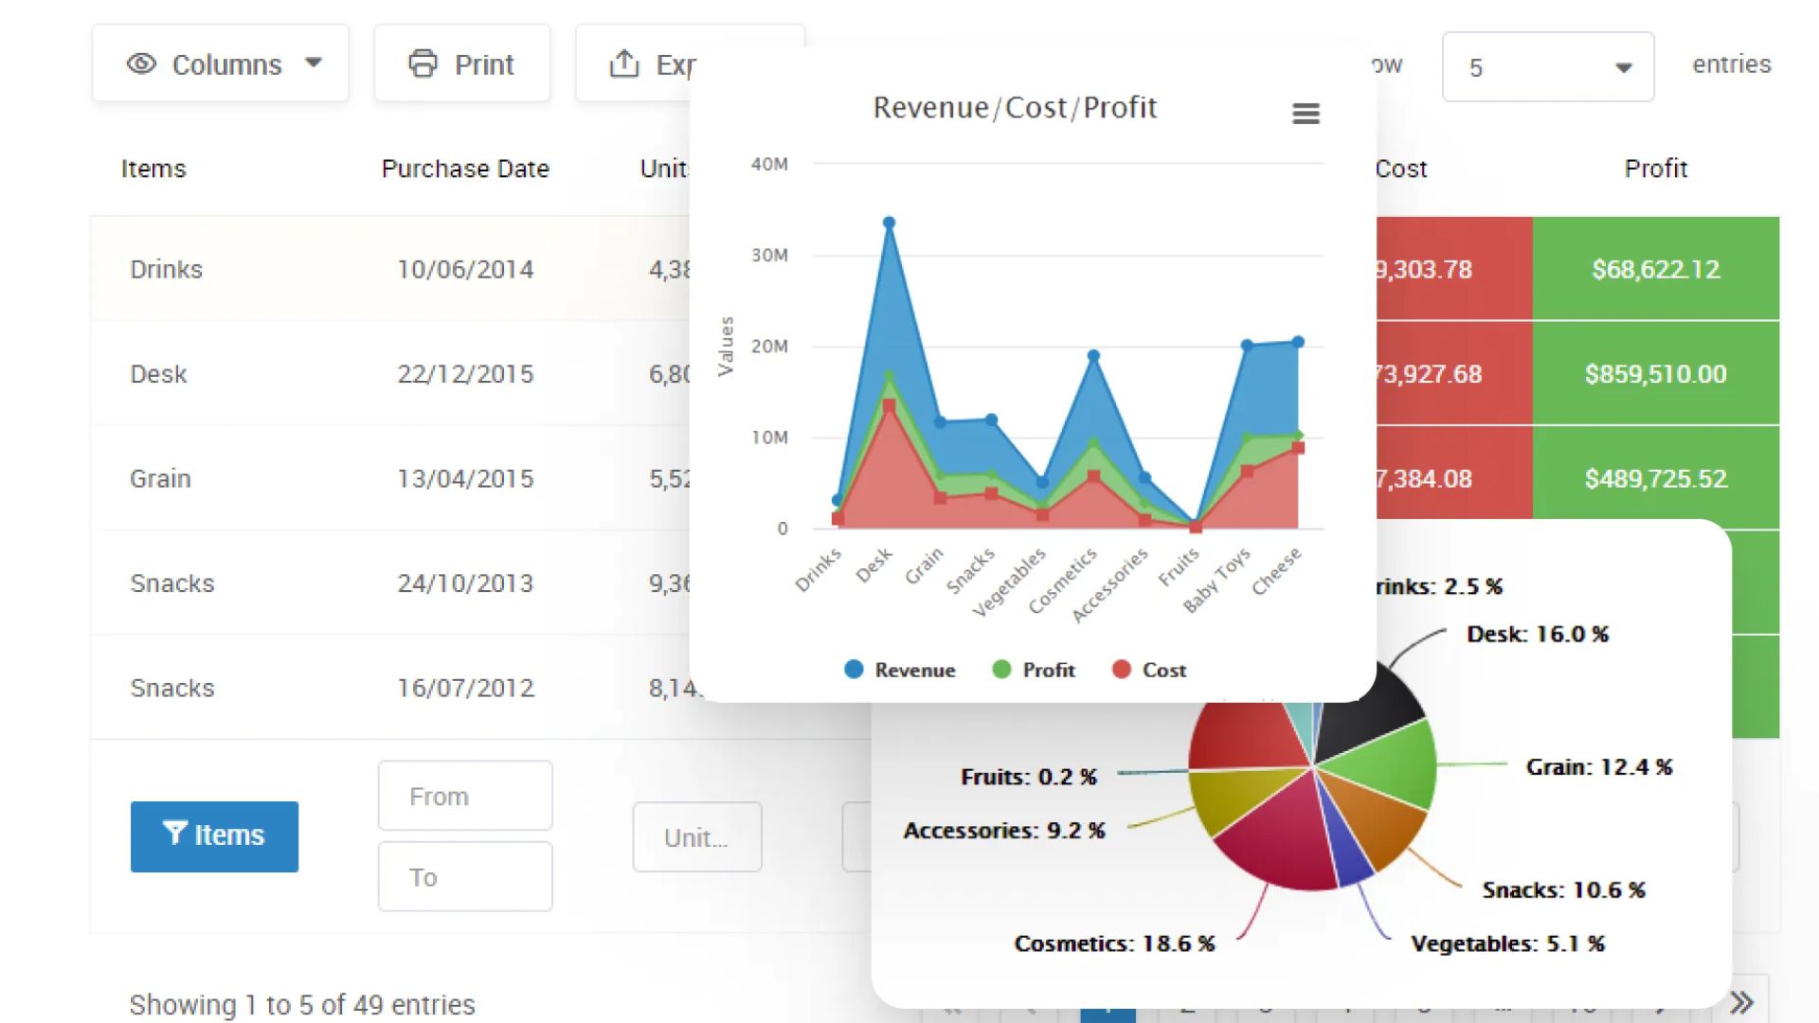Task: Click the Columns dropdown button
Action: [221, 64]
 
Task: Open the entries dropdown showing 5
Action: [1547, 67]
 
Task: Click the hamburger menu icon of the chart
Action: [1306, 114]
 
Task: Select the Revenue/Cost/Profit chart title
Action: [1014, 108]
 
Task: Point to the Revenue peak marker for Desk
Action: [889, 224]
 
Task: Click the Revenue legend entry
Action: [900, 670]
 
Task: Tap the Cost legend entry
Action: [1149, 670]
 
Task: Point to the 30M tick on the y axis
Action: [769, 255]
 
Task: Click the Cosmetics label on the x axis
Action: [1063, 581]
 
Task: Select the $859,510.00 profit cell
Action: [1655, 373]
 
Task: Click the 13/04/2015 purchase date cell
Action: [465, 478]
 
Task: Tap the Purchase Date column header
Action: [465, 169]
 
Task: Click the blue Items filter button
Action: [214, 835]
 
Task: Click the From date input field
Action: [465, 796]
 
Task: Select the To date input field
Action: [465, 877]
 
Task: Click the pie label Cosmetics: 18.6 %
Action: [1114, 943]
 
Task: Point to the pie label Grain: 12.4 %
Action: [1598, 766]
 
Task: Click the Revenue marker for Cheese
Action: [1298, 342]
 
